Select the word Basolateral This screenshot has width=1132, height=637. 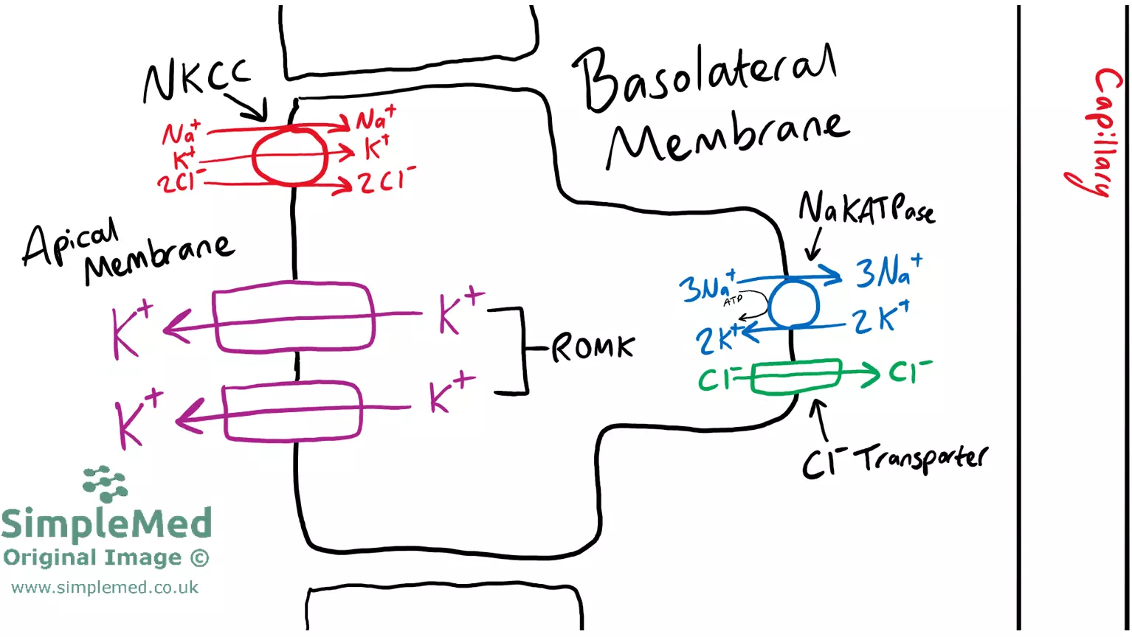705,77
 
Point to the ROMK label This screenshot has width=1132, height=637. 593,347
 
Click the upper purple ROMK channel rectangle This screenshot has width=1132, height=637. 294,316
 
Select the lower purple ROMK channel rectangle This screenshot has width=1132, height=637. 292,411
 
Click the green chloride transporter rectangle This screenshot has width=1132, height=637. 797,376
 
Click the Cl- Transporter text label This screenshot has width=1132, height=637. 894,460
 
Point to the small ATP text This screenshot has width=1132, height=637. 733,301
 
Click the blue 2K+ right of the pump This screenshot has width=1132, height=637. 881,318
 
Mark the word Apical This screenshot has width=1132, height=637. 70,243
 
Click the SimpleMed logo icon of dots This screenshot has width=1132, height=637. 106,484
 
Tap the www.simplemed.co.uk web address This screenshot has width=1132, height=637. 105,588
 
